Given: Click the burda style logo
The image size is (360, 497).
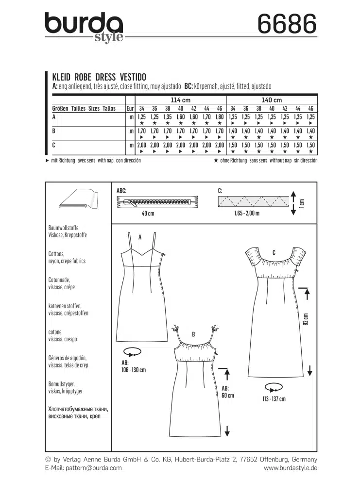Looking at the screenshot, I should pos(84,27).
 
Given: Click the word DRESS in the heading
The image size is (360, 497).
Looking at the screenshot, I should pos(106,77).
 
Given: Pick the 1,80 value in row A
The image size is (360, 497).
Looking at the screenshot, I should pos(220,117).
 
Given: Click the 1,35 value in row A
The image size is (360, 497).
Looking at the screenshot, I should pos(168,117).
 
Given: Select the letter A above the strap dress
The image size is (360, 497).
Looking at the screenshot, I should pos(139,237).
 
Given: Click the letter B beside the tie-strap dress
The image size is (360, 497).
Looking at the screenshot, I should pos(193,334).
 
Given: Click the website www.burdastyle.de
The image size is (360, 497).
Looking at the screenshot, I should pos(290,468).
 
